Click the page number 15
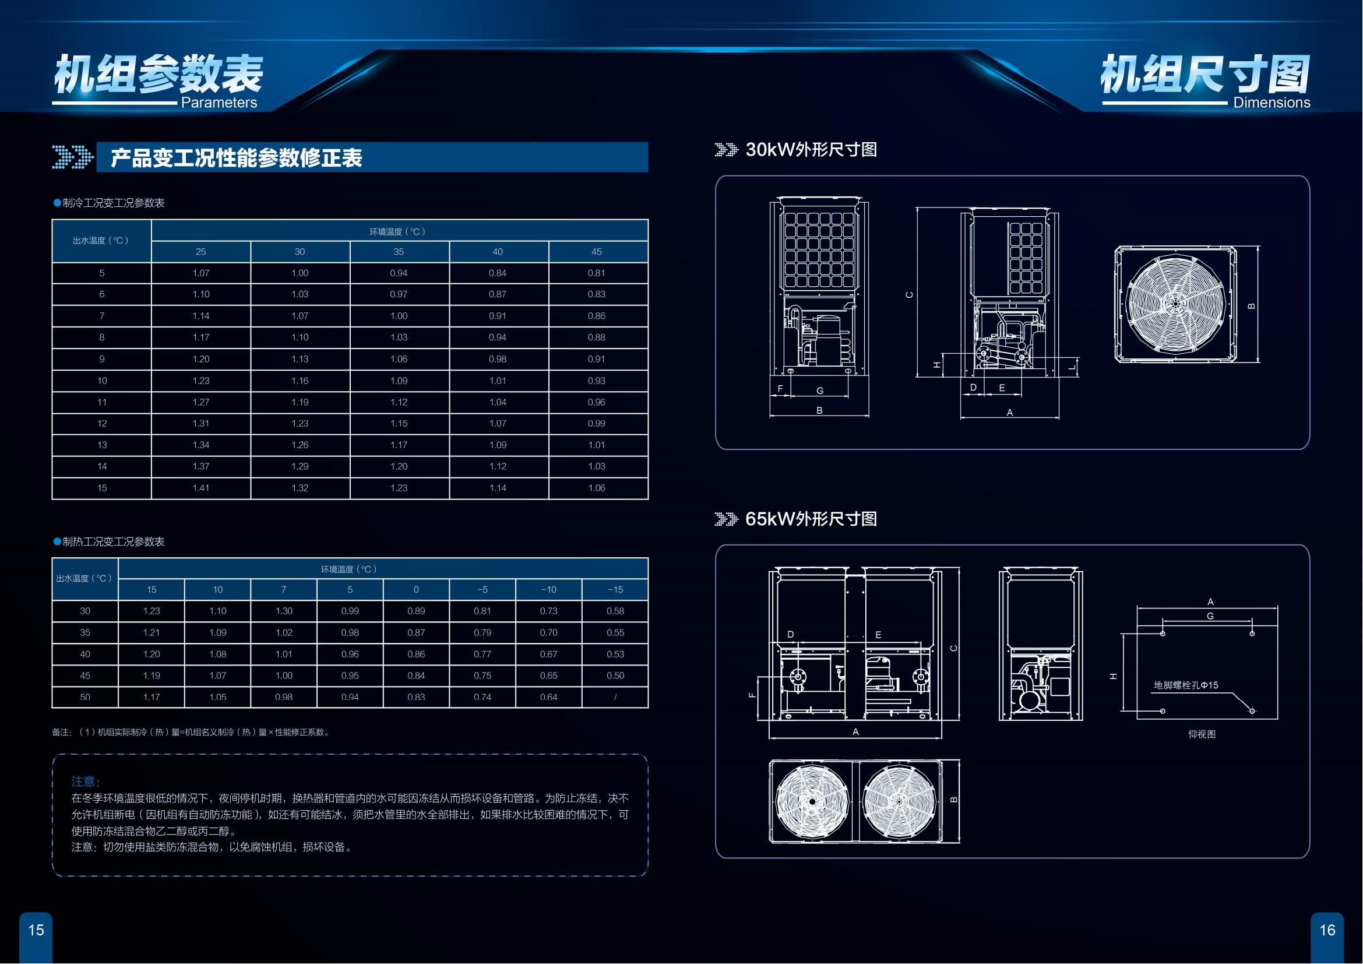(x=36, y=930)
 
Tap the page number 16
(x=1327, y=930)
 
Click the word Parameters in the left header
(x=219, y=103)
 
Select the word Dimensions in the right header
(x=1272, y=103)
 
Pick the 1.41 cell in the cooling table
(x=200, y=488)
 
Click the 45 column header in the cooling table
(x=597, y=252)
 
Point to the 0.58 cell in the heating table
(x=615, y=611)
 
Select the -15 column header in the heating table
(x=615, y=589)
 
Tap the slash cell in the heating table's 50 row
(x=615, y=697)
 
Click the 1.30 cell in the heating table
(x=284, y=611)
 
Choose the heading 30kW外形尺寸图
(x=811, y=150)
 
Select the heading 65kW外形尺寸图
(x=811, y=519)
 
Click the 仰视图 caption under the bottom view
(x=1202, y=734)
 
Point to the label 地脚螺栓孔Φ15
(x=1185, y=685)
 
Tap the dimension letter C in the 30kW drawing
(x=910, y=295)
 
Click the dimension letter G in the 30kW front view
(x=820, y=390)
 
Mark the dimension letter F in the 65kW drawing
(x=752, y=695)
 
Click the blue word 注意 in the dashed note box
(x=86, y=781)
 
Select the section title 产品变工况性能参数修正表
(x=236, y=159)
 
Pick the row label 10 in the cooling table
(x=102, y=381)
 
